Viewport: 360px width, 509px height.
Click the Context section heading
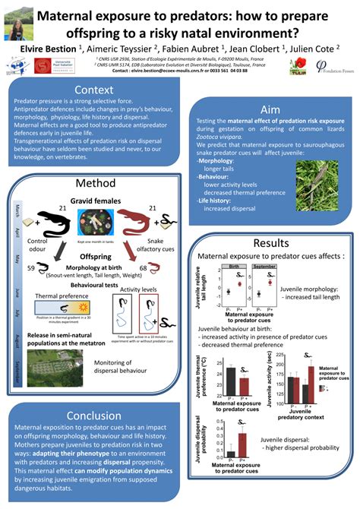(93, 91)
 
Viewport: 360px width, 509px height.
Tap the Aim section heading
(270, 109)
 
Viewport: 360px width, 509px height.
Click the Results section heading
(270, 242)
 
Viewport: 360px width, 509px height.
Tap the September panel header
(264, 267)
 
